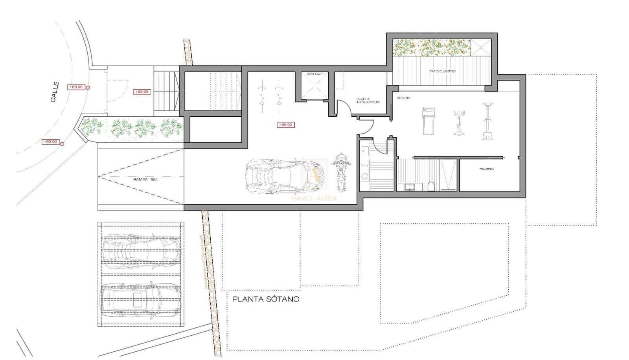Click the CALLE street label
pyautogui.click(x=55, y=92)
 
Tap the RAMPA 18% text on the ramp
pyautogui.click(x=145, y=179)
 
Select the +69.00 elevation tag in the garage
pyautogui.click(x=285, y=125)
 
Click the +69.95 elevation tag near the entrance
pyautogui.click(x=142, y=92)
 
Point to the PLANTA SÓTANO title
pyautogui.click(x=266, y=299)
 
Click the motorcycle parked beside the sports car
pyautogui.click(x=340, y=171)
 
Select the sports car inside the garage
pyautogui.click(x=285, y=176)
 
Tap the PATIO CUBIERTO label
pyautogui.click(x=442, y=72)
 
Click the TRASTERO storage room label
pyautogui.click(x=486, y=169)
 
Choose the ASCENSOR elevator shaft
pyautogui.click(x=314, y=86)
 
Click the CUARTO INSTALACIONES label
pyautogui.click(x=368, y=101)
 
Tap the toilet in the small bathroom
pyautogui.click(x=431, y=186)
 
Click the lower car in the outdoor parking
pyautogui.click(x=140, y=301)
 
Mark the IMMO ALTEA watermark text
pyautogui.click(x=314, y=198)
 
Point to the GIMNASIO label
pyautogui.click(x=403, y=97)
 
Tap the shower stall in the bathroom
pyautogui.click(x=448, y=175)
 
